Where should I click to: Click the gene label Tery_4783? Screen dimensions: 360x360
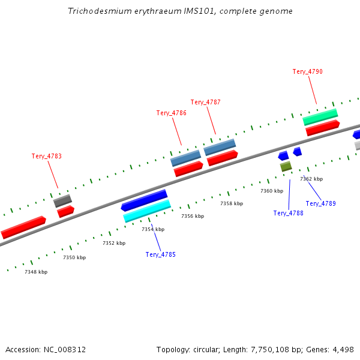click(x=47, y=156)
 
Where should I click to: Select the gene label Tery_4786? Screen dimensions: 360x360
click(x=172, y=113)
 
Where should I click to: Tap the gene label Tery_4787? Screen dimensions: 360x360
click(x=206, y=102)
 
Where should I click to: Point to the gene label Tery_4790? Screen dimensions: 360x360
click(x=308, y=71)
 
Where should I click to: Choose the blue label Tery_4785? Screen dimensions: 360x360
click(x=161, y=254)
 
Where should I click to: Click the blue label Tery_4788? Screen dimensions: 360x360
click(x=289, y=213)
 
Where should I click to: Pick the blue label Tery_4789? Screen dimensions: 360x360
click(x=321, y=203)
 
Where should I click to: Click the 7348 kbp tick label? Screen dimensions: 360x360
click(x=36, y=272)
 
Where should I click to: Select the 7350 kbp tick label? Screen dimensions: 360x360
click(x=74, y=257)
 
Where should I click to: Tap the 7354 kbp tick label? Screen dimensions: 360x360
click(x=153, y=229)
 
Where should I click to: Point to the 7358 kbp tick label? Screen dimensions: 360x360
click(x=232, y=203)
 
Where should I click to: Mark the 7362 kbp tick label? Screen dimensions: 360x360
click(x=311, y=179)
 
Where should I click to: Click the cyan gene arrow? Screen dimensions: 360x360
click(x=147, y=211)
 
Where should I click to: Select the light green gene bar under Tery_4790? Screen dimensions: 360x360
click(x=320, y=116)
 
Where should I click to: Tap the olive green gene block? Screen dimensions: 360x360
click(x=286, y=166)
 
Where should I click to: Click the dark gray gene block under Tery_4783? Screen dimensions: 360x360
click(x=62, y=201)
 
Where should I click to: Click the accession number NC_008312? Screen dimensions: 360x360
click(x=64, y=349)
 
